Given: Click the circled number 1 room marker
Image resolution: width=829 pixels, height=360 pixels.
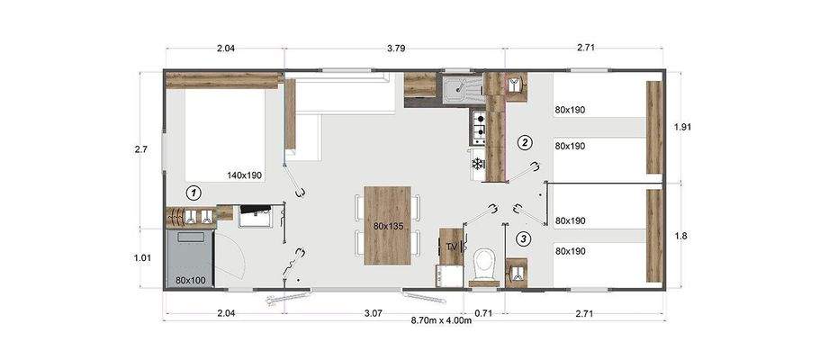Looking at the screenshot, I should click(193, 192).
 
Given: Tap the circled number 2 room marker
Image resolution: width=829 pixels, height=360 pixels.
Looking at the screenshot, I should click(524, 142).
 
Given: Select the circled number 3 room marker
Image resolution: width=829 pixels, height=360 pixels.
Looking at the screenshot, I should click(524, 238).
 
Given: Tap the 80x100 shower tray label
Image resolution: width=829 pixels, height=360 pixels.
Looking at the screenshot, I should click(192, 279).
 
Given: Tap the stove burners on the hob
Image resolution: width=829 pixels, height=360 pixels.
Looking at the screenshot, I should click(480, 128).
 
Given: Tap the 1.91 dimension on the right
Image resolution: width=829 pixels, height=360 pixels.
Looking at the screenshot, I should click(683, 128).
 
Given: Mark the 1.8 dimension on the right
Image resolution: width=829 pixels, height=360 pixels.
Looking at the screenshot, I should click(683, 236).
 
